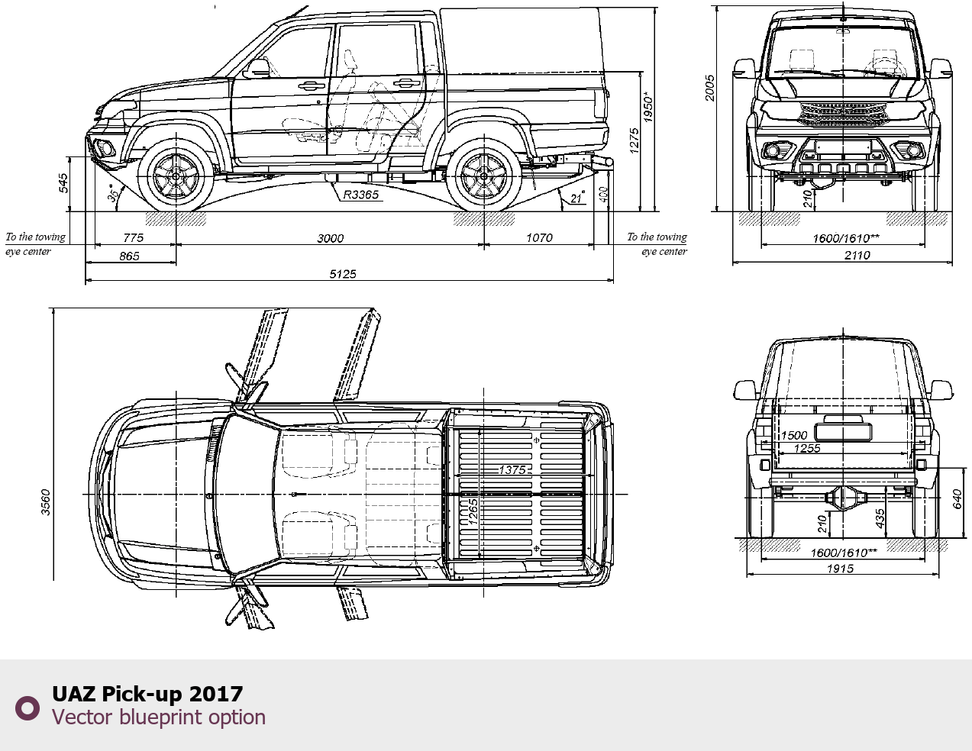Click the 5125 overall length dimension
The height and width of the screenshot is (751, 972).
343,273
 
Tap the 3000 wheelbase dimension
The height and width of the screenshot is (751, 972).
330,238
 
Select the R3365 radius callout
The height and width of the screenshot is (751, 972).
360,195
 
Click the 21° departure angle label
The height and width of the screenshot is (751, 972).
577,198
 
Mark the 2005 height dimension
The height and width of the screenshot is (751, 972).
710,88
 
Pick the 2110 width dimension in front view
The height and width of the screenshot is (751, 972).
857,255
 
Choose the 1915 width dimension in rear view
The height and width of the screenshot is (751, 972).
840,569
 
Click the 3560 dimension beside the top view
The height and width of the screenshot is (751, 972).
46,502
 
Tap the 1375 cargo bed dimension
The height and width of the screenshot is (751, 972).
512,470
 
